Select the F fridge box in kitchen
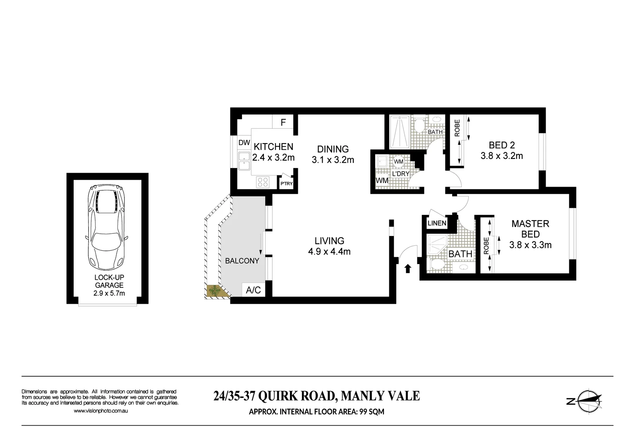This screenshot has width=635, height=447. tap(283, 123)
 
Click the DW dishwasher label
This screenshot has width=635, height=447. tap(244, 143)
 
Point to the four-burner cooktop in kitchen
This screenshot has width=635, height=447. tap(263, 182)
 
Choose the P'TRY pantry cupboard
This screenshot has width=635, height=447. tap(286, 183)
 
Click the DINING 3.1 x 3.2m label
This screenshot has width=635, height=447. tap(333, 154)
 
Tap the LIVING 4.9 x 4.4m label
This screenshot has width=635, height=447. tap(329, 246)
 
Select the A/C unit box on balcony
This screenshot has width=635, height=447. tap(253, 290)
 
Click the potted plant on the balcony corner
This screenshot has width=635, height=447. tap(215, 291)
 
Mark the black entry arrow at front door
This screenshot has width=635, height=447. tap(407, 269)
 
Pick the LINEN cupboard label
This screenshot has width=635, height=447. tap(437, 223)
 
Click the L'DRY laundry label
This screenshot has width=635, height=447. tap(400, 174)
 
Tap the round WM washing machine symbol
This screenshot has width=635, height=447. tap(398, 161)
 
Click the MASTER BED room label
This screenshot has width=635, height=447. tap(530, 229)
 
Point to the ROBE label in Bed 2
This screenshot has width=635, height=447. tap(457, 128)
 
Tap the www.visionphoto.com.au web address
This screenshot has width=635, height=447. tap(101, 411)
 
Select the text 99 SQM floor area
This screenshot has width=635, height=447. tap(369, 412)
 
